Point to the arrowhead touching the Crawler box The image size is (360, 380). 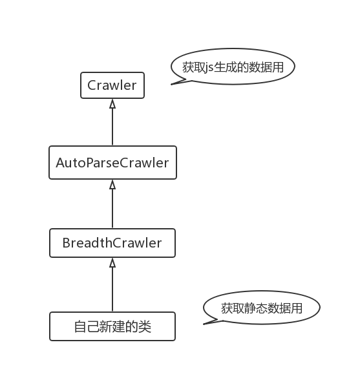(112, 103)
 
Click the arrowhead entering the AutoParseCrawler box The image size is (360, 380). (112, 184)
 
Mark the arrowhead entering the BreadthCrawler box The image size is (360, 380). (112, 262)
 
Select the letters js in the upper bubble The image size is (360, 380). (209, 68)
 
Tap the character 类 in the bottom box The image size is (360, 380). (145, 327)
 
